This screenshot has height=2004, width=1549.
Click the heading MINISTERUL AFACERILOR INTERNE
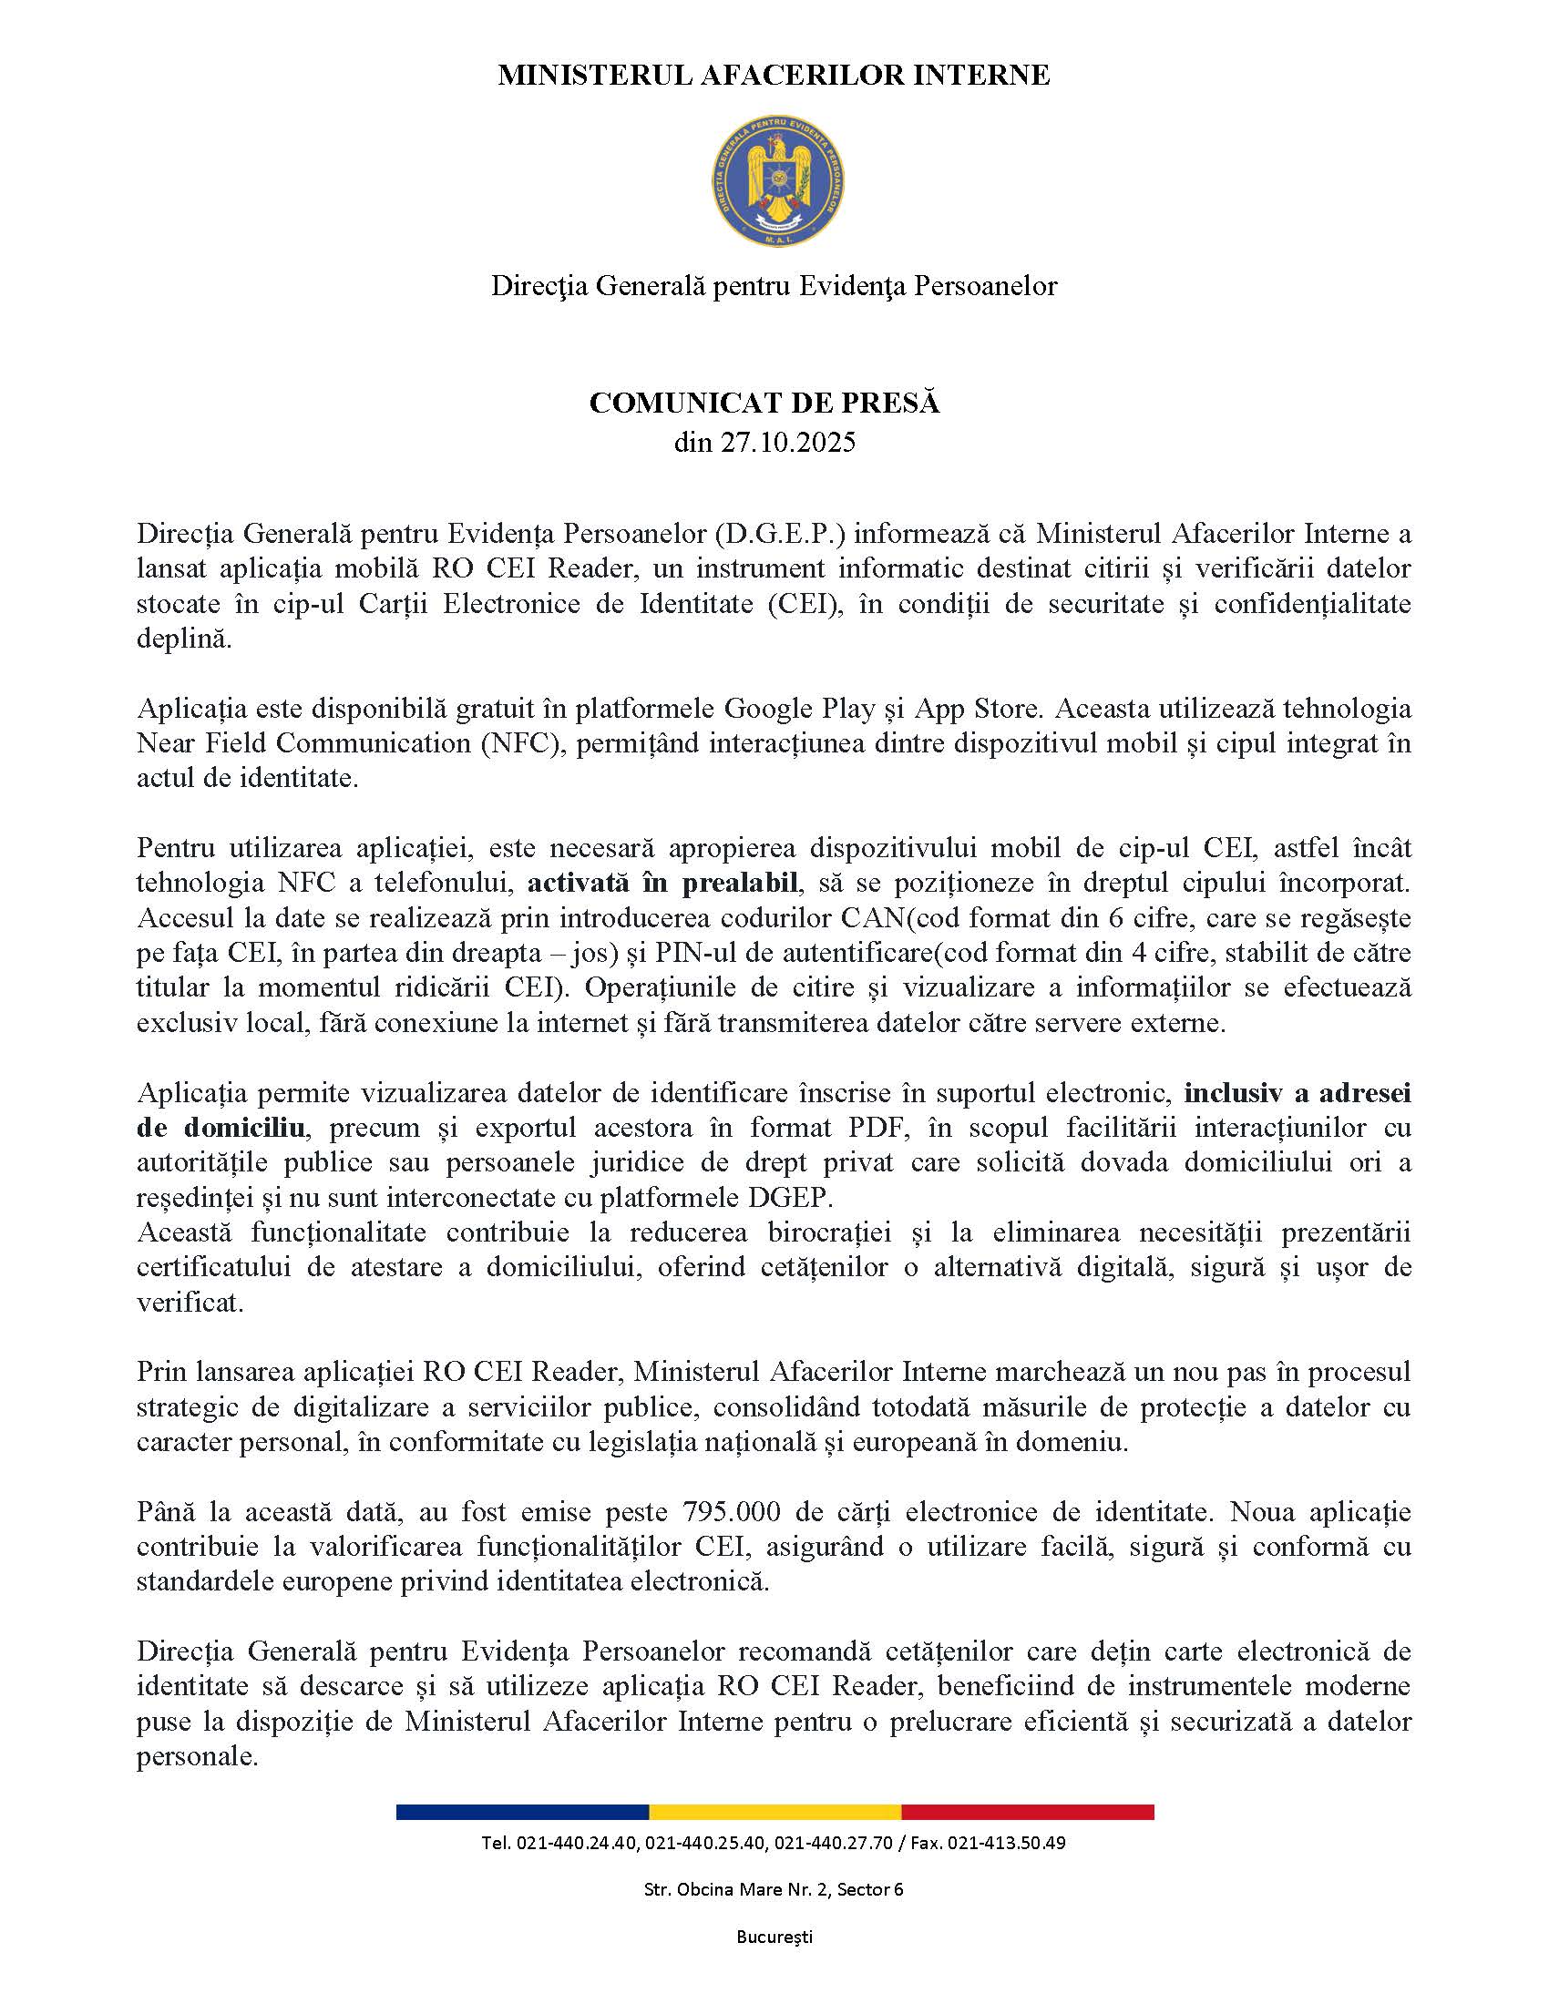point(774,76)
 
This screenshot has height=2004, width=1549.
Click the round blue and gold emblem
point(777,179)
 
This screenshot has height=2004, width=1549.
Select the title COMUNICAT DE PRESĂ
point(764,403)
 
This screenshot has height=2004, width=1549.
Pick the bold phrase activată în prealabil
point(662,884)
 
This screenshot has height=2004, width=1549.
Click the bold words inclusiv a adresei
point(1298,1093)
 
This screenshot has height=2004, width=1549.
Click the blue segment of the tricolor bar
point(522,1812)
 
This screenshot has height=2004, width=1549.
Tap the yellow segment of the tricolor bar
point(774,1812)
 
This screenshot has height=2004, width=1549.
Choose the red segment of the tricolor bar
point(1028,1812)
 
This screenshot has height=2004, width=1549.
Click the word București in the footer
point(774,1937)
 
